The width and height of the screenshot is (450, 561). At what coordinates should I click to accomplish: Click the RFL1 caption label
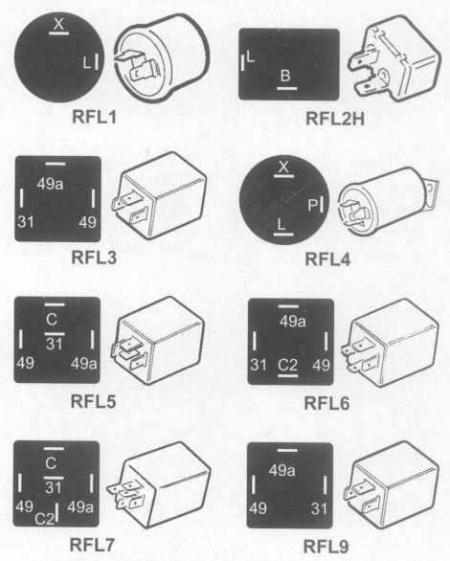tap(95, 117)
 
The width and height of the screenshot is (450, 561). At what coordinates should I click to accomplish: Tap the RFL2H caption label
tap(335, 119)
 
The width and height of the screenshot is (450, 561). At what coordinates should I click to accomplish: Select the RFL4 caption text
tap(327, 259)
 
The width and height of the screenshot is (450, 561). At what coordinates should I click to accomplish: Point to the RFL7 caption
tap(92, 545)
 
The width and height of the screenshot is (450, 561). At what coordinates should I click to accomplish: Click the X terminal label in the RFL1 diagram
tap(58, 24)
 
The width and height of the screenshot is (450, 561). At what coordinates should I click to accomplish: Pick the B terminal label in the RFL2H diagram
tap(285, 76)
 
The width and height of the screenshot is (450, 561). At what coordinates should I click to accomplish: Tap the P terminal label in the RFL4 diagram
tap(313, 205)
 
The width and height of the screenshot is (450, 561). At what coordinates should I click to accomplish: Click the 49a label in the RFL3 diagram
tap(50, 184)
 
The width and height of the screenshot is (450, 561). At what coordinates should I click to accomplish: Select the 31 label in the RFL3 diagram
tap(26, 222)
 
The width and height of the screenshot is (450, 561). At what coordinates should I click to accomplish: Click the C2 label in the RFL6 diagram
tap(288, 365)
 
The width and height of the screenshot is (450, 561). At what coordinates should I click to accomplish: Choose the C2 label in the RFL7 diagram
tap(44, 519)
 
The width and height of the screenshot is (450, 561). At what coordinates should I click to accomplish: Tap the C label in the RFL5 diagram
tap(52, 319)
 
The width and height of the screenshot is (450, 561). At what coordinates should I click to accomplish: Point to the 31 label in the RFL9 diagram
tap(319, 508)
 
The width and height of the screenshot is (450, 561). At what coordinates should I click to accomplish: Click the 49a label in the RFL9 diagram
tap(281, 470)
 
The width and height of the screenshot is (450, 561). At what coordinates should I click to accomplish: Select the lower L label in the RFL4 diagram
tap(281, 224)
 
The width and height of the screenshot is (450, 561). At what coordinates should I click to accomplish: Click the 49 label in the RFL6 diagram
tap(321, 365)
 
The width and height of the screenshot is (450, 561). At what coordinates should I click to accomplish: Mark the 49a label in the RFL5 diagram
tap(83, 364)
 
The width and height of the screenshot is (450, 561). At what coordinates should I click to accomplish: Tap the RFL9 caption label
tap(326, 547)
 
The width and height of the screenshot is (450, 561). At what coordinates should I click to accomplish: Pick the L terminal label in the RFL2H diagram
tap(251, 56)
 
